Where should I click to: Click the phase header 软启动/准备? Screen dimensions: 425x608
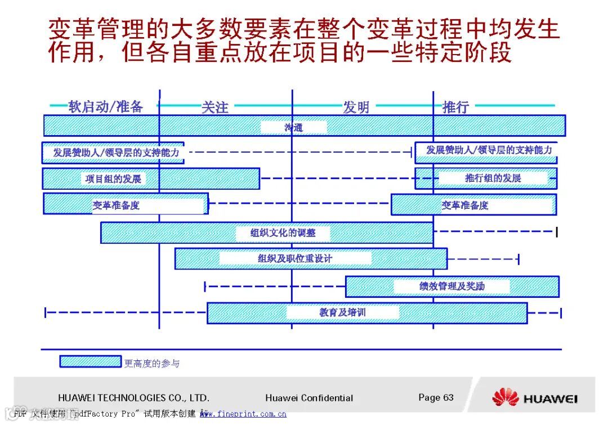tap(105, 106)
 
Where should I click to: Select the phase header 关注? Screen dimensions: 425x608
tap(215, 107)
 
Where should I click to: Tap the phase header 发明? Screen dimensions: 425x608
tap(356, 107)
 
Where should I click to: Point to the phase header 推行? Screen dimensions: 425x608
tap(455, 106)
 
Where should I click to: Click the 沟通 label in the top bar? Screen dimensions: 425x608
tap(293, 127)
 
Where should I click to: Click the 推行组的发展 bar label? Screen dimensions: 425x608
tap(493, 178)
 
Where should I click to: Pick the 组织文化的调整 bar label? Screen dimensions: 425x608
tap(283, 232)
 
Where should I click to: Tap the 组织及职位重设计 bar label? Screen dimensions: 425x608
tap(295, 258)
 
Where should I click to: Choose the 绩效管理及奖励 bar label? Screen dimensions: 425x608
tap(451, 286)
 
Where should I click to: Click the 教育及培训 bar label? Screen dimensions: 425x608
tap(342, 312)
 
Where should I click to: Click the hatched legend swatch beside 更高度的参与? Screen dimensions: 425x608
tap(90, 361)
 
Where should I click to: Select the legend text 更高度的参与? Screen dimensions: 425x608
tap(152, 364)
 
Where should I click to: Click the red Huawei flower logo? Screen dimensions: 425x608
tap(505, 397)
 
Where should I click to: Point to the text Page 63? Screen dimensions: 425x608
tap(436, 397)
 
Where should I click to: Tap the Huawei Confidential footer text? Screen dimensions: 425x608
tap(309, 398)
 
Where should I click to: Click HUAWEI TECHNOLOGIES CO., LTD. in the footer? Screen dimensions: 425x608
tap(133, 398)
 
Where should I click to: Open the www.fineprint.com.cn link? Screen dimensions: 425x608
tap(243, 414)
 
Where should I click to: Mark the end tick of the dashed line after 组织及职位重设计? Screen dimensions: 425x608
tap(518, 259)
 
